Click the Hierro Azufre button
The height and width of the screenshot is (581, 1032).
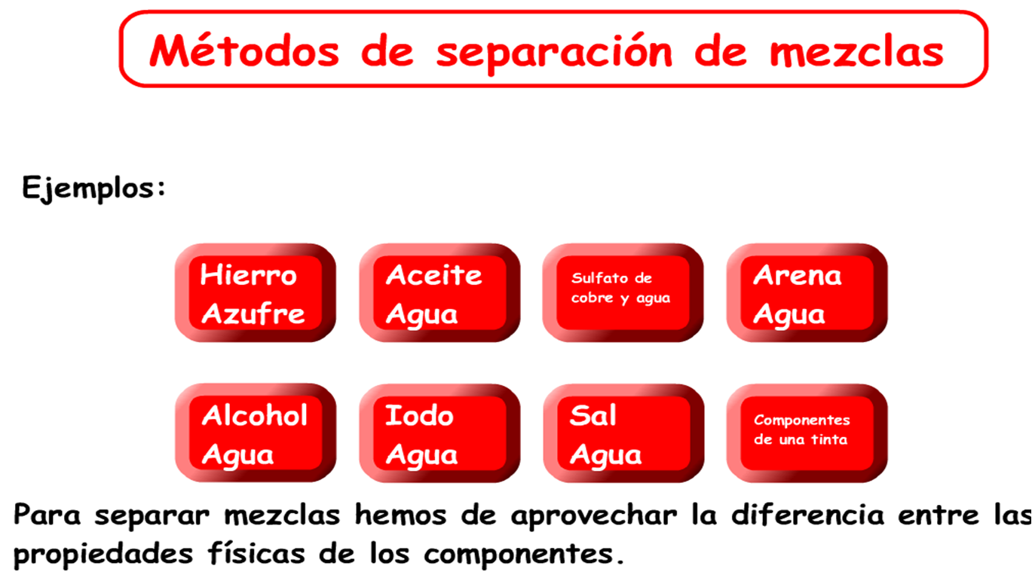pyautogui.click(x=256, y=293)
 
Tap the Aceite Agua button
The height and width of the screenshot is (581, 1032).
pyautogui.click(x=439, y=293)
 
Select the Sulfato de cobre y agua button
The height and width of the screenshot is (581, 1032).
pyautogui.click(x=623, y=293)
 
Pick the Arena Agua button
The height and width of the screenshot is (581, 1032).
pyautogui.click(x=807, y=293)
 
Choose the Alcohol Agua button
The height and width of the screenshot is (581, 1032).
pyautogui.click(x=256, y=433)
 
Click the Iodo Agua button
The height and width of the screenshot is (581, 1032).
pyautogui.click(x=439, y=433)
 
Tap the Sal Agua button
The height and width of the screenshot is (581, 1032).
pyautogui.click(x=623, y=433)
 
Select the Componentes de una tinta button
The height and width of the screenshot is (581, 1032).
pyautogui.click(x=807, y=433)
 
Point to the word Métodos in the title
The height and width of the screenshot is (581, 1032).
pyautogui.click(x=245, y=50)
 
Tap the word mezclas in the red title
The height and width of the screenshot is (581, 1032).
pyautogui.click(x=857, y=52)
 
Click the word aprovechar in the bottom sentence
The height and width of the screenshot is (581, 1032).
pyautogui.click(x=594, y=515)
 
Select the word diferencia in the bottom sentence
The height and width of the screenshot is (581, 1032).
pyautogui.click(x=807, y=514)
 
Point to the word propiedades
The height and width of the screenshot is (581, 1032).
pyautogui.click(x=103, y=555)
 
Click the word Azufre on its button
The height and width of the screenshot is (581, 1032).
pyautogui.click(x=253, y=314)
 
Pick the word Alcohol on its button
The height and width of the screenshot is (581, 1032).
pyautogui.click(x=254, y=415)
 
